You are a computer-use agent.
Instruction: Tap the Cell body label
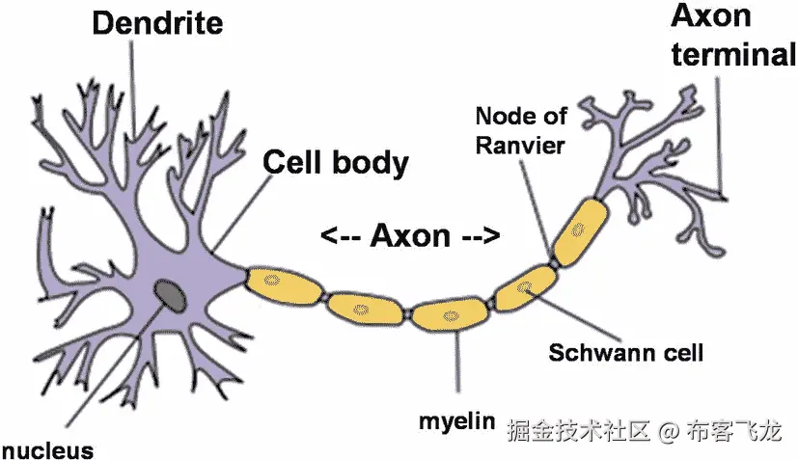(336, 162)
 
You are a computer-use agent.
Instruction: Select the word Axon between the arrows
(410, 234)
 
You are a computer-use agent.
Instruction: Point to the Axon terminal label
(733, 36)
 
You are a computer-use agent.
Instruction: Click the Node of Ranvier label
(520, 130)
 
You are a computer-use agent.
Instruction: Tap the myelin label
(456, 422)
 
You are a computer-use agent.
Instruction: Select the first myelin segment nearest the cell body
(283, 283)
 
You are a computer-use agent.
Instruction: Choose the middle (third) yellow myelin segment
(450, 312)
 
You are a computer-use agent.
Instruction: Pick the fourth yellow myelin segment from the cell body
(526, 286)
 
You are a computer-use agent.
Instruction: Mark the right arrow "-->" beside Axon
(480, 234)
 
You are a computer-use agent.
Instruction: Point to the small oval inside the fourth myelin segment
(526, 286)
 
